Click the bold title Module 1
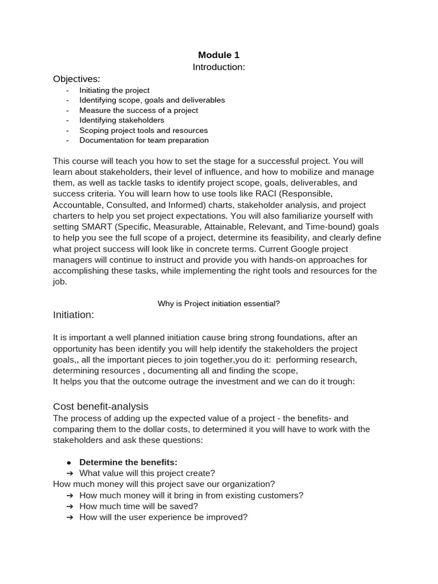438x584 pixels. (219, 55)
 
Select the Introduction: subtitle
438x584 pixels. (219, 67)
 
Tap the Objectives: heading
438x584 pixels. (76, 79)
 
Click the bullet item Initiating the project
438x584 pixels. (114, 90)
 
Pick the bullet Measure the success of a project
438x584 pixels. (139, 110)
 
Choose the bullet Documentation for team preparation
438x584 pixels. (144, 140)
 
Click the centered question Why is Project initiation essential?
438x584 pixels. (218, 303)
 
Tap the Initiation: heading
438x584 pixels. (74, 315)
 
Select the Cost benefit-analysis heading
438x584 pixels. (100, 407)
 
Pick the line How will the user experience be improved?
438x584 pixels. (163, 517)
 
